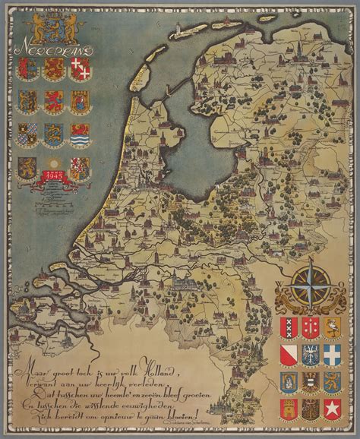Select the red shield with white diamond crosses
tap(79, 69)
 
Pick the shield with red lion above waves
tap(79, 136)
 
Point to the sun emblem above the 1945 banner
tap(53, 165)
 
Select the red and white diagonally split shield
tap(289, 354)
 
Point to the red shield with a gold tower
tap(289, 409)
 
